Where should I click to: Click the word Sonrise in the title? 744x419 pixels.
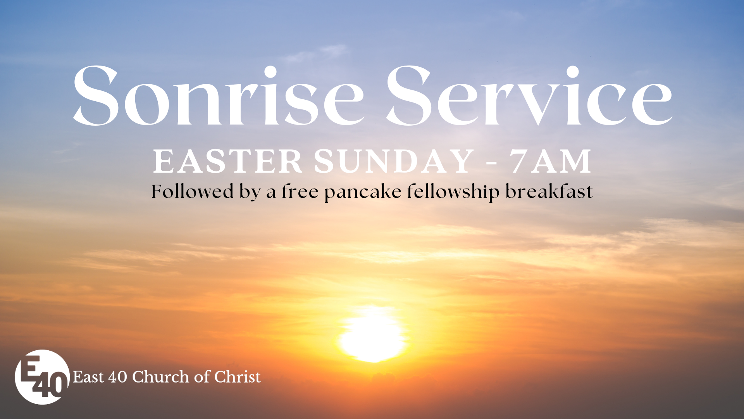(218, 95)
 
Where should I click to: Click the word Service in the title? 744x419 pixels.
(529, 95)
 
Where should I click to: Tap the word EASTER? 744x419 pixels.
(228, 161)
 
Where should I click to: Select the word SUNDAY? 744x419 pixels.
(394, 161)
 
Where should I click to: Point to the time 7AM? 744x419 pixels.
(550, 161)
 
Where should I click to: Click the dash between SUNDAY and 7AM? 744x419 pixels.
(491, 163)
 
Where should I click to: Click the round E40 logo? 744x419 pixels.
(42, 377)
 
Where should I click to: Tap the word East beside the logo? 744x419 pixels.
(88, 377)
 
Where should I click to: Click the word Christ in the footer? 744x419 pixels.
(238, 377)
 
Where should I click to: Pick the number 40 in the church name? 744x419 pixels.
(117, 377)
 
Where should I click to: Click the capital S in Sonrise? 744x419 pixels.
(96, 95)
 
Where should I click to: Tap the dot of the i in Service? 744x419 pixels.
(572, 72)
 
